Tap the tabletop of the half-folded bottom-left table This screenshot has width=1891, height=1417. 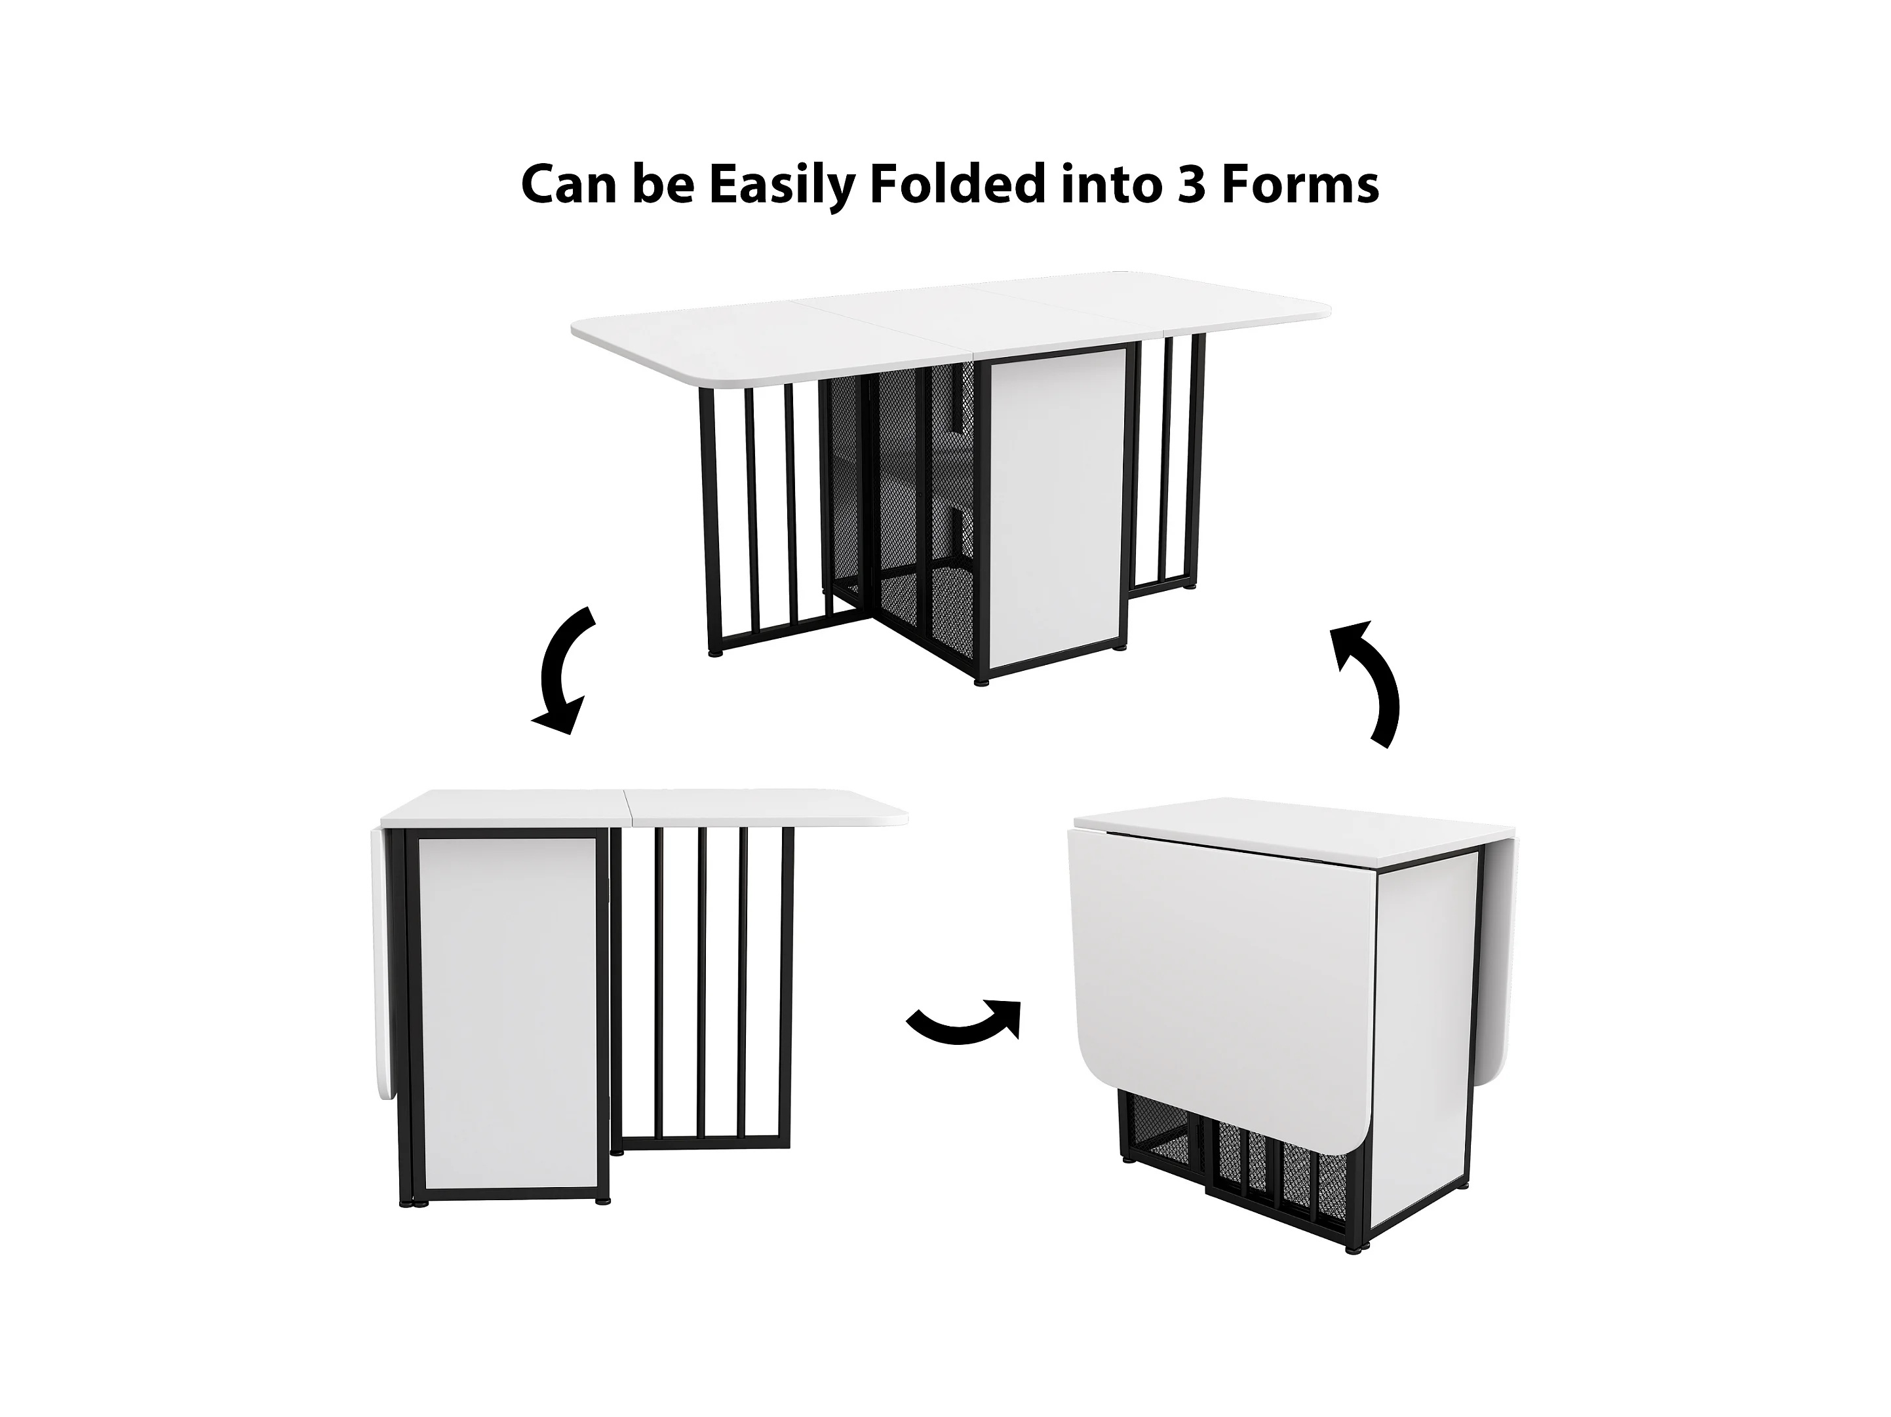pos(641,808)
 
